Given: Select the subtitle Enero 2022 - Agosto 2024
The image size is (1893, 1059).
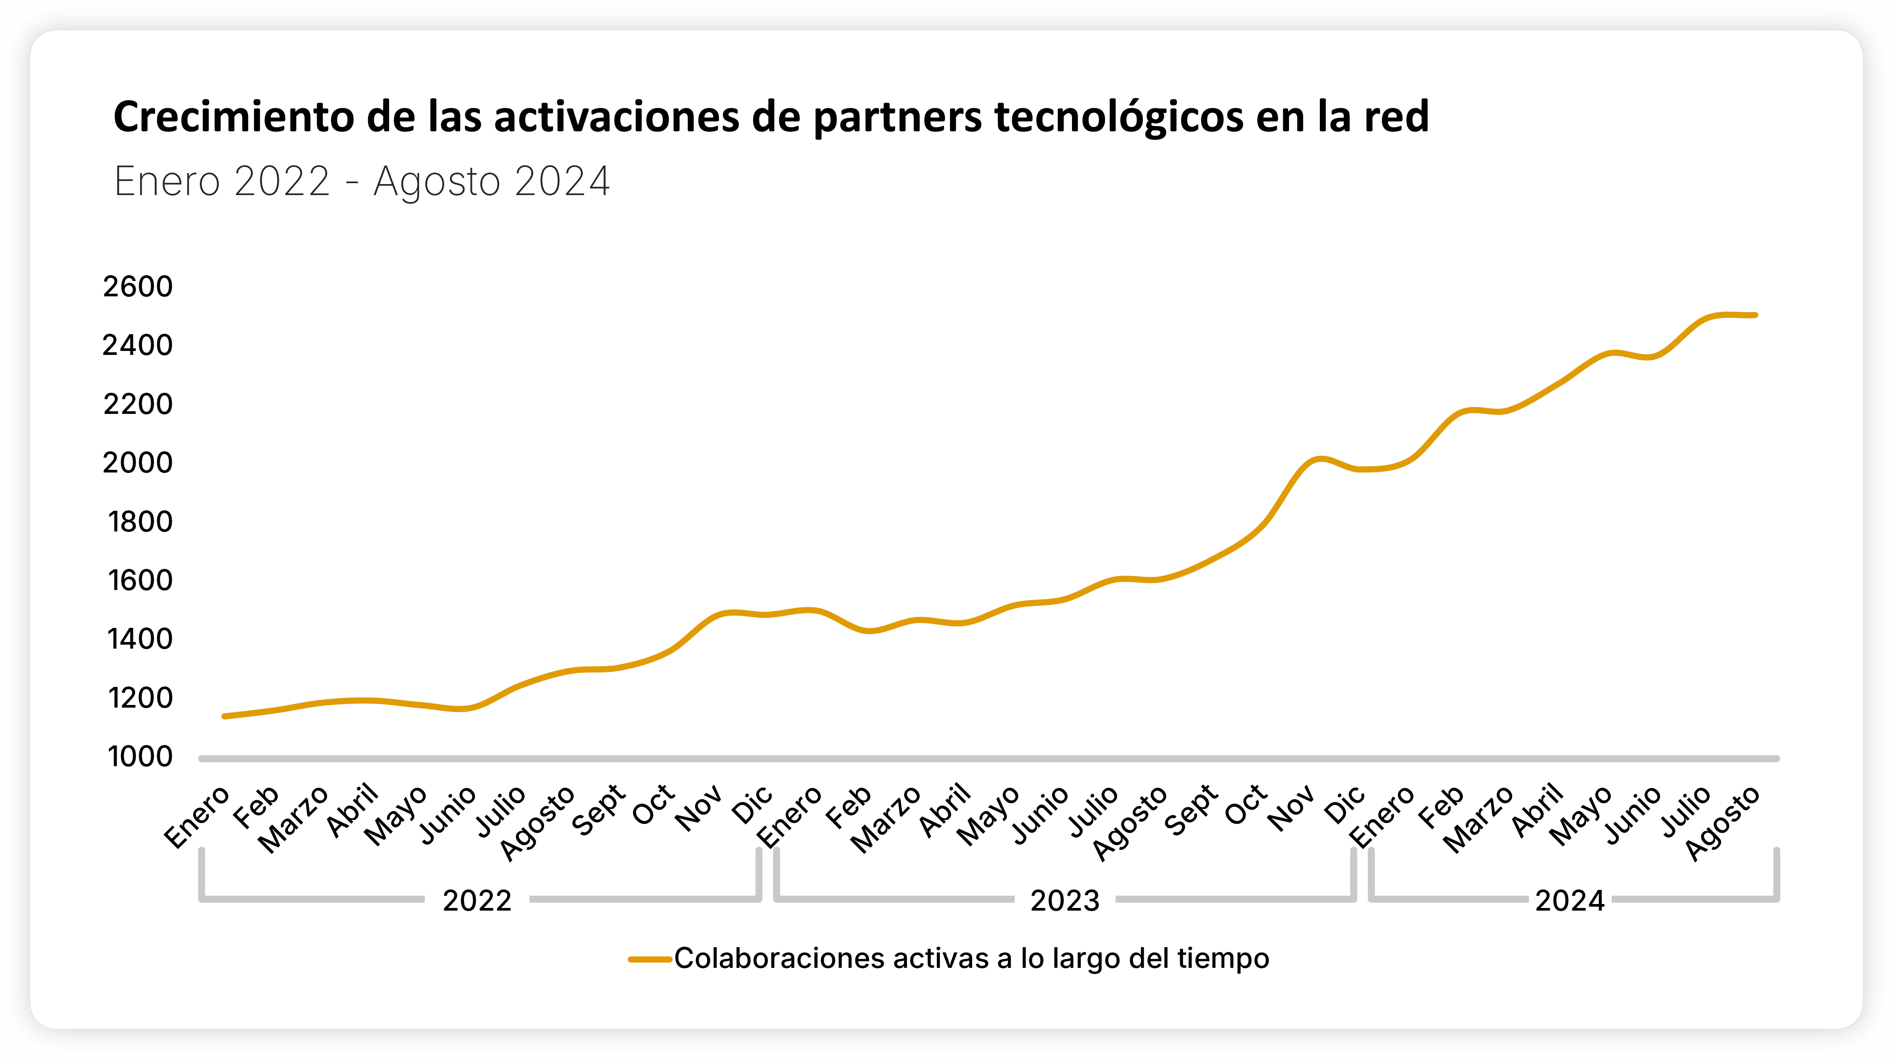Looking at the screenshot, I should [x=361, y=181].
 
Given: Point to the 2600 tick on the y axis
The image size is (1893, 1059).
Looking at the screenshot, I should [x=138, y=287].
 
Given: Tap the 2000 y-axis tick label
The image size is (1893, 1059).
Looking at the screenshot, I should [x=138, y=463].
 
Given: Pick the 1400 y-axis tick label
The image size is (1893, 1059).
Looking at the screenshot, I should [x=140, y=639].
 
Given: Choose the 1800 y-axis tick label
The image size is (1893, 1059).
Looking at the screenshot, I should [x=140, y=522].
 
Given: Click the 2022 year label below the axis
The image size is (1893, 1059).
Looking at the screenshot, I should [x=477, y=900].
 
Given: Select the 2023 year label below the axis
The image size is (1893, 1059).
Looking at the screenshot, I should [x=1065, y=900].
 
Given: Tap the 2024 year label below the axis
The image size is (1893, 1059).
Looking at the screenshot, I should [x=1570, y=900].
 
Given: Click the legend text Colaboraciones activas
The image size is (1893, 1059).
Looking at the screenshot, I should [x=972, y=958].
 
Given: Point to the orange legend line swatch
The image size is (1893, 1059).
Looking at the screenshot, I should [x=650, y=959].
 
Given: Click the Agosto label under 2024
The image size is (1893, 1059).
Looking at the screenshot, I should [x=1722, y=823].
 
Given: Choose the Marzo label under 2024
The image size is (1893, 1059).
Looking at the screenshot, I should [x=1479, y=819].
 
